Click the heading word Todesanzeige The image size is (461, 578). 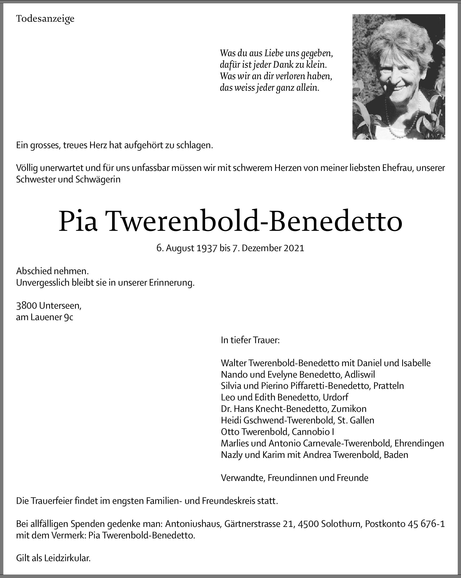pyautogui.click(x=45, y=19)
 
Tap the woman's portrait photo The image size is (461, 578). pyautogui.click(x=398, y=77)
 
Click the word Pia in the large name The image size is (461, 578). pyautogui.click(x=78, y=221)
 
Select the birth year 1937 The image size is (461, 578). pyautogui.click(x=206, y=248)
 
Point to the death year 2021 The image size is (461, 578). pyautogui.click(x=294, y=248)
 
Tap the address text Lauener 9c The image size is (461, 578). pyautogui.click(x=52, y=317)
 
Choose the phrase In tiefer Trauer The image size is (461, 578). pyautogui.click(x=250, y=340)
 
